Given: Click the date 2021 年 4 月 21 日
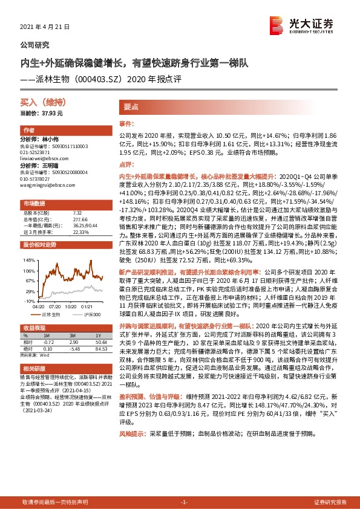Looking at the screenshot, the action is (45, 27).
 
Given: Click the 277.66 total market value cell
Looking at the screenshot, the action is (80, 218).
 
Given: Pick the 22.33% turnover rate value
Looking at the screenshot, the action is (80, 232).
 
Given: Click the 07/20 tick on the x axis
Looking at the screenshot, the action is (55, 305).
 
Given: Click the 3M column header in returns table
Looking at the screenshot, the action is (72, 336).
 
